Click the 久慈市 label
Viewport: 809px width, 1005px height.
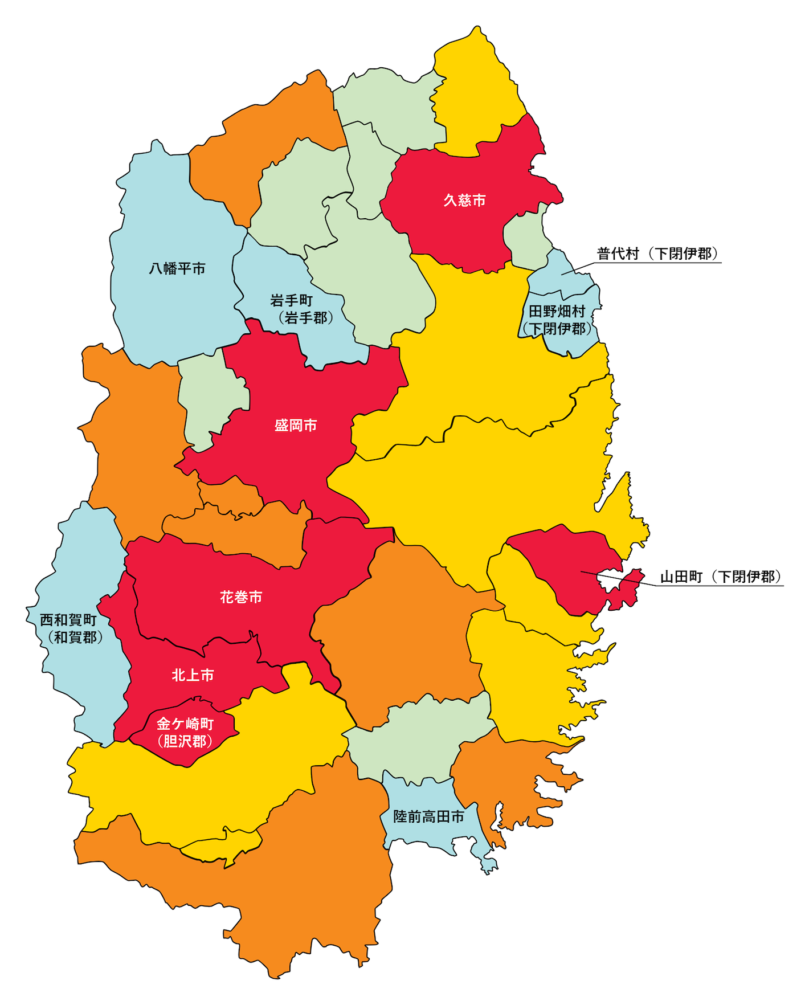click(x=464, y=201)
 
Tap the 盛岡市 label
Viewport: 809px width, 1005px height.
click(x=295, y=426)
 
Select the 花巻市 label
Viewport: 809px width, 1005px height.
click(x=241, y=597)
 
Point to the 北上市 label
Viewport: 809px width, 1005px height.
click(x=193, y=675)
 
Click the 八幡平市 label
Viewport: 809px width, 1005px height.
click(x=177, y=268)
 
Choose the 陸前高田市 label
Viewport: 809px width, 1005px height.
click(x=428, y=816)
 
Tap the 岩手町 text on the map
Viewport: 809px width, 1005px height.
click(x=291, y=300)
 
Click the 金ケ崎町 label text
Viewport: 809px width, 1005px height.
click(x=185, y=724)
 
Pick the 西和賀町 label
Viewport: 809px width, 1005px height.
click(x=68, y=620)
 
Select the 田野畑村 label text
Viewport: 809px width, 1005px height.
click(x=557, y=311)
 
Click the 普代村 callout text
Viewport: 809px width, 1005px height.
click(x=618, y=254)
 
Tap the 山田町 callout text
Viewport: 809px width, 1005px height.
click(x=681, y=577)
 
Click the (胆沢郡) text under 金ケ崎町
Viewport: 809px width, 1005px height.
click(x=185, y=741)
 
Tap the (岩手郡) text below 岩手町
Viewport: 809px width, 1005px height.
click(x=305, y=317)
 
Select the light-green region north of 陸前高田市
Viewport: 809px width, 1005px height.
click(x=422, y=741)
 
